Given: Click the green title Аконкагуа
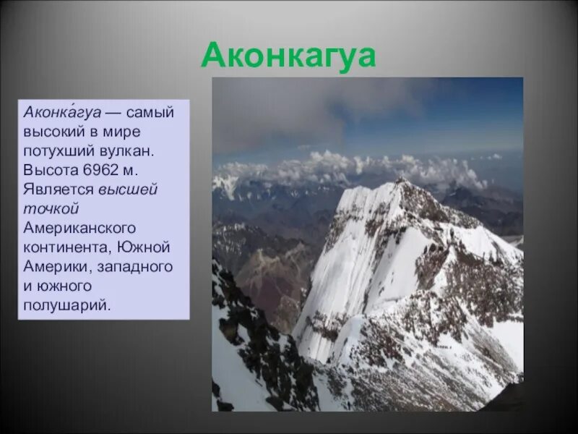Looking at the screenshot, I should coord(288,56).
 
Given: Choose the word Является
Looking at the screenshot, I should coord(59,190).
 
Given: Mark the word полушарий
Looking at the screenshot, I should coord(67,305).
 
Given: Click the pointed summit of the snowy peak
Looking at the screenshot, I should coord(398,180).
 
